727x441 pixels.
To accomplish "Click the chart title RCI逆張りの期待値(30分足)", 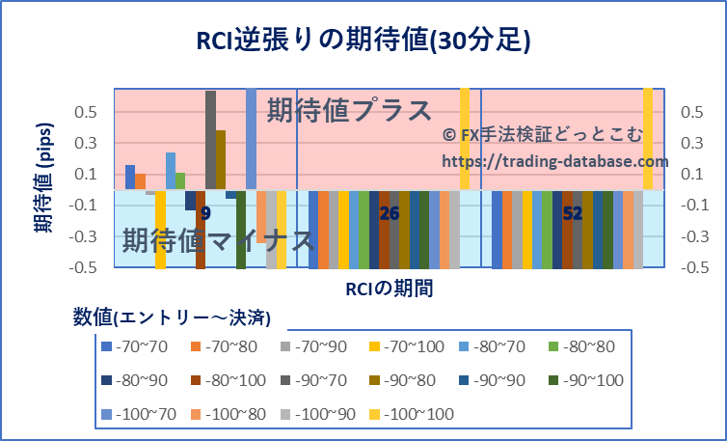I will coord(363,40).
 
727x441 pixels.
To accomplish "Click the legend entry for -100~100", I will coord(419,413).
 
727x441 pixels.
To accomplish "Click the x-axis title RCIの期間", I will coord(389,287).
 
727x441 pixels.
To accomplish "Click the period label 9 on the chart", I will coord(205,213).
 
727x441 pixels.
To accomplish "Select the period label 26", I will coord(390,213).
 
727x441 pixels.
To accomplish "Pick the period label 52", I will coord(573,213).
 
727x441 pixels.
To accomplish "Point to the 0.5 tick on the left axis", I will coord(87,112).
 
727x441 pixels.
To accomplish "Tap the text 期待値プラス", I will coord(349,110).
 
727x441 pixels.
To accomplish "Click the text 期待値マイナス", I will coord(218,239).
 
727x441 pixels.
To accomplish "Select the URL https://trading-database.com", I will coord(553,162).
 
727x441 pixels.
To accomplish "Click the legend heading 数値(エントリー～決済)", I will coord(172,316).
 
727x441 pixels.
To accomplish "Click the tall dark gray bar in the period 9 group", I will coord(210,140).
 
